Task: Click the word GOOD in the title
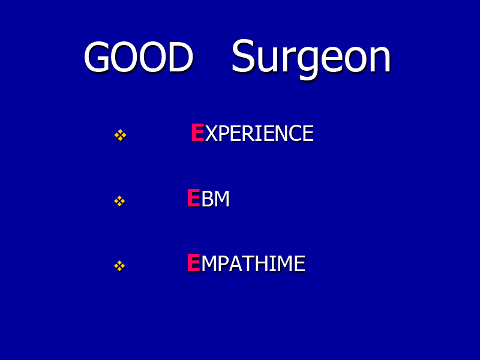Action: (139, 57)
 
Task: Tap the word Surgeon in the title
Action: (311, 59)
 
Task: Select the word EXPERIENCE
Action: (252, 133)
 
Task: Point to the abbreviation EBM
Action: (208, 199)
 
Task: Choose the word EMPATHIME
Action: (246, 263)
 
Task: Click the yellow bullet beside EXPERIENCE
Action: (121, 135)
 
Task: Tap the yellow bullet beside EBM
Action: (119, 201)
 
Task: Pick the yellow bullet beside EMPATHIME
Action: (119, 266)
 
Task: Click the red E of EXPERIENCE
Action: (197, 133)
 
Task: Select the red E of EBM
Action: (193, 198)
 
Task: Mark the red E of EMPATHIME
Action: (193, 263)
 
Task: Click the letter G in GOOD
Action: (97, 57)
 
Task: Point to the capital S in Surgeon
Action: (244, 56)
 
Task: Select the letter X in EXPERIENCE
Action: (211, 134)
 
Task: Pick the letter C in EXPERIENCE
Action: (295, 134)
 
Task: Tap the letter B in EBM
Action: (207, 199)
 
